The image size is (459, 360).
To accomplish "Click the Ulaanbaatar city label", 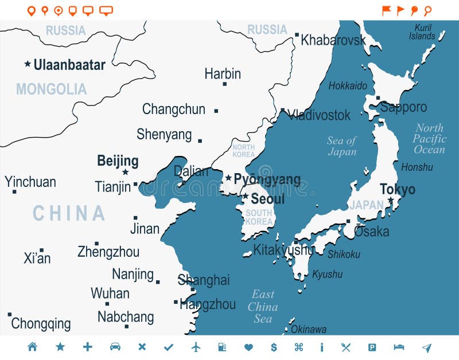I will point(69,65).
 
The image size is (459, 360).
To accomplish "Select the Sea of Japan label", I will point(342,146).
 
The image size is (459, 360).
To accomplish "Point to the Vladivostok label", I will point(319,115).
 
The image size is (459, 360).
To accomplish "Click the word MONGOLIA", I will point(51,89).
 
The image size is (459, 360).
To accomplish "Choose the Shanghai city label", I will point(204,280).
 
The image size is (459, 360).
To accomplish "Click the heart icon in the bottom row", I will point(248,347).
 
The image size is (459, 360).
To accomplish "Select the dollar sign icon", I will point(274,347).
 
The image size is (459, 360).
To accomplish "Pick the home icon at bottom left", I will point(32,347).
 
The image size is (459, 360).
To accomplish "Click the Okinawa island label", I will point(309,329).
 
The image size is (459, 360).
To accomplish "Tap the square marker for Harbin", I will point(224,84).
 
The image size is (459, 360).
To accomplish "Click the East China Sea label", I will point(263,307).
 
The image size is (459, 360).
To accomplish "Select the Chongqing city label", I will point(41,324).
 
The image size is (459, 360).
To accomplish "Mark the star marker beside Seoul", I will point(245,196).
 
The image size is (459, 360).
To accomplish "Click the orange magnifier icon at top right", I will point(427,10).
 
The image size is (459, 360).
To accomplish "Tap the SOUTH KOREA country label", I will point(259,217).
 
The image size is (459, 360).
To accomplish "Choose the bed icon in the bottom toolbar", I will point(399,347).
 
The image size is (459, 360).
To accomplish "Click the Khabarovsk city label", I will point(333,40).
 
